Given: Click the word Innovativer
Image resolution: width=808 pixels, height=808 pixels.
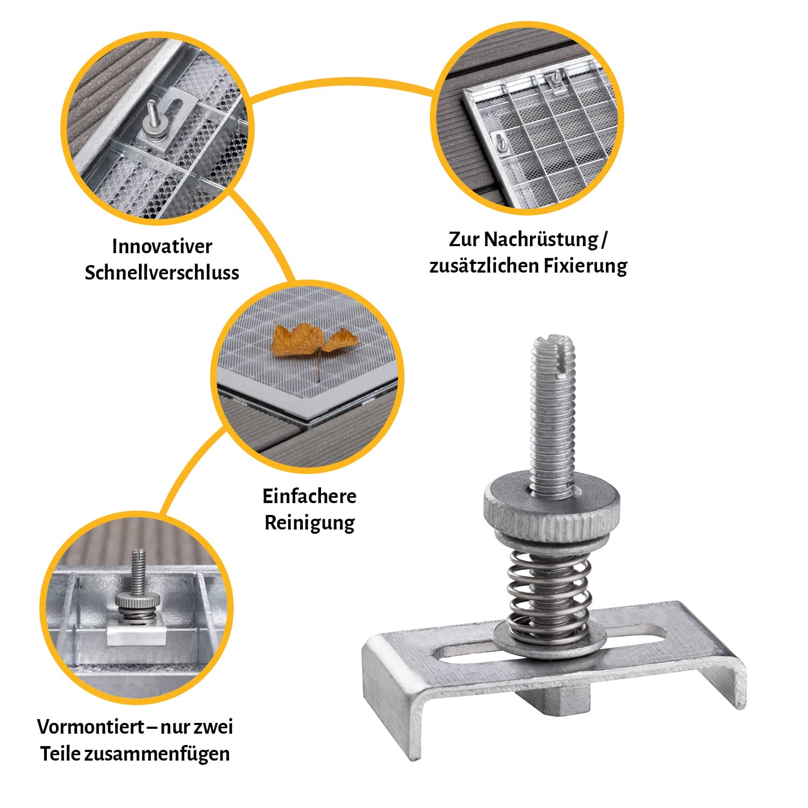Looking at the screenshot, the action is (162, 246).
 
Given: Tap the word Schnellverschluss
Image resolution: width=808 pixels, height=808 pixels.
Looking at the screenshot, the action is (162, 272).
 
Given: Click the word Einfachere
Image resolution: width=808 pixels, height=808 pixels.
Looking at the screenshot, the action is (309, 496).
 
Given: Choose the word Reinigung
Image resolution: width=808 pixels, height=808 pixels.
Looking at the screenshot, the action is (309, 523).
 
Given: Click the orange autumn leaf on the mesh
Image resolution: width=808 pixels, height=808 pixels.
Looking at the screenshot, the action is (315, 341).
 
